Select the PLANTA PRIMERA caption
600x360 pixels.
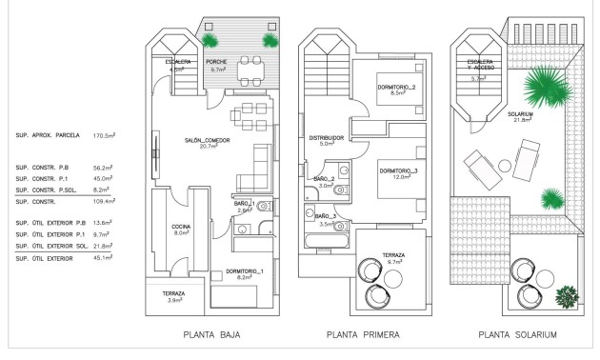tap(362, 334)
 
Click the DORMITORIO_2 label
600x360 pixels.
tap(398, 90)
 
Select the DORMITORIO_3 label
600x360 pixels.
tap(400, 173)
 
